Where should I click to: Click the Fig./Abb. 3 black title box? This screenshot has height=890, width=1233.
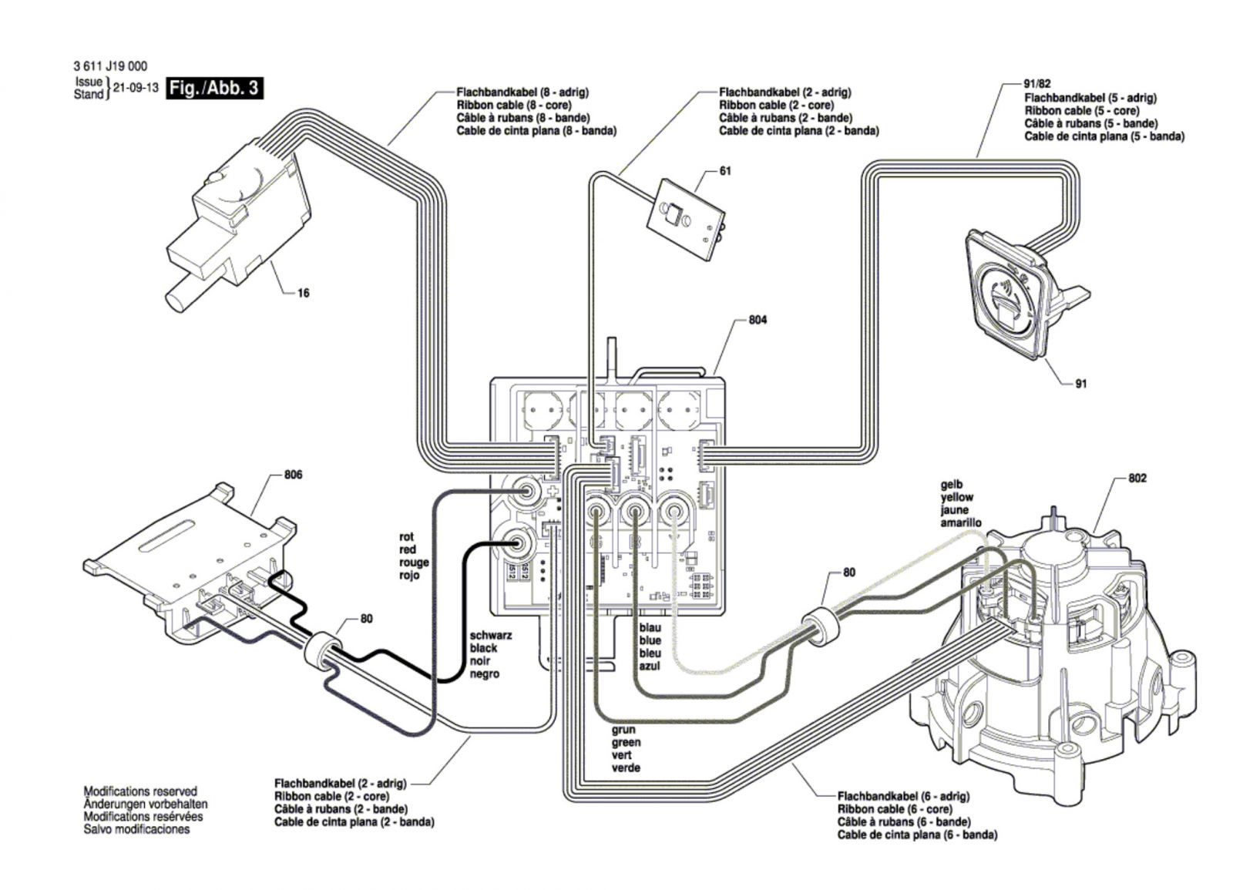click(214, 88)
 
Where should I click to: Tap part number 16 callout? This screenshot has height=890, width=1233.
click(303, 294)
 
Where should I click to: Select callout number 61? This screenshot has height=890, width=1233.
click(724, 171)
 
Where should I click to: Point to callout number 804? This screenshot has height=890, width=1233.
click(758, 320)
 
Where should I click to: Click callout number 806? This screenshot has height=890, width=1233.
click(293, 475)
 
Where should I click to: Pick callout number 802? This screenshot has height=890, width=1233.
click(1137, 479)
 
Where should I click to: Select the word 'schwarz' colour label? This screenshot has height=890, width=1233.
click(491, 636)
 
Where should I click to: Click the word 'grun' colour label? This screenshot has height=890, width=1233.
click(623, 730)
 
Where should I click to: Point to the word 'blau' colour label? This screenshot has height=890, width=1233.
click(650, 628)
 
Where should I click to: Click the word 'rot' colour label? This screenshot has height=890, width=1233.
click(406, 536)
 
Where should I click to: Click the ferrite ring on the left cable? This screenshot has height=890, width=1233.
click(323, 649)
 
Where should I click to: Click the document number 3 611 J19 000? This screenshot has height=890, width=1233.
click(110, 68)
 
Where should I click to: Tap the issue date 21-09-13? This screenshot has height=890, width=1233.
click(136, 88)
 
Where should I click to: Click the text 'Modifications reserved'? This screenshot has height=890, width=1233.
click(139, 791)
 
